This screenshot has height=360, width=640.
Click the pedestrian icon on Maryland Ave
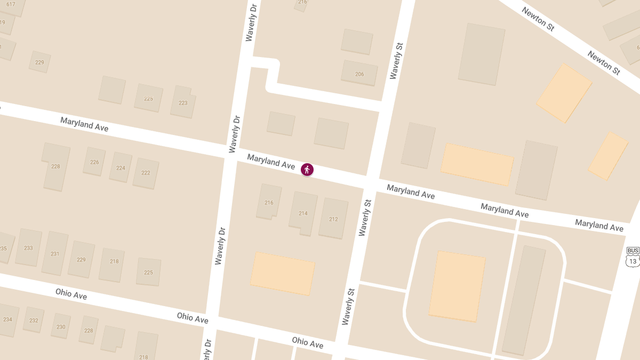tap(307, 170)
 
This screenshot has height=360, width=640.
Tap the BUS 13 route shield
tap(633, 257)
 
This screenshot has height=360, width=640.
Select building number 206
tap(359, 74)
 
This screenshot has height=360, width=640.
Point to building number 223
tap(183, 102)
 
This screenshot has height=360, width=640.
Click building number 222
tap(146, 173)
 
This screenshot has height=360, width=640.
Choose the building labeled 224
tap(121, 167)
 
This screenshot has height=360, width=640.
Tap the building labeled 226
tap(94, 162)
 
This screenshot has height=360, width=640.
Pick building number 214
tap(303, 213)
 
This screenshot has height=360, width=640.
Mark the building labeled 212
tap(333, 219)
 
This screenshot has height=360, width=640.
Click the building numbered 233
tap(28, 247)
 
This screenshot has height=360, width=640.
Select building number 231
tap(55, 253)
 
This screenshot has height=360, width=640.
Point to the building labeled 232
tap(34, 320)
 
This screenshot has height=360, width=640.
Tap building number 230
tap(61, 326)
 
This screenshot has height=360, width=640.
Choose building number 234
tap(7, 319)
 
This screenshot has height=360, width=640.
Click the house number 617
tap(11, 5)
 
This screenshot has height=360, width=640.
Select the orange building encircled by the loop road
tap(457, 286)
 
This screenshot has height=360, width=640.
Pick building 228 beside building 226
tap(55, 166)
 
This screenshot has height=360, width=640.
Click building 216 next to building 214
tap(269, 202)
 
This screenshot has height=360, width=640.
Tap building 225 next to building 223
tap(148, 98)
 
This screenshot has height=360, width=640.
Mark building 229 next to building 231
tap(81, 260)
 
